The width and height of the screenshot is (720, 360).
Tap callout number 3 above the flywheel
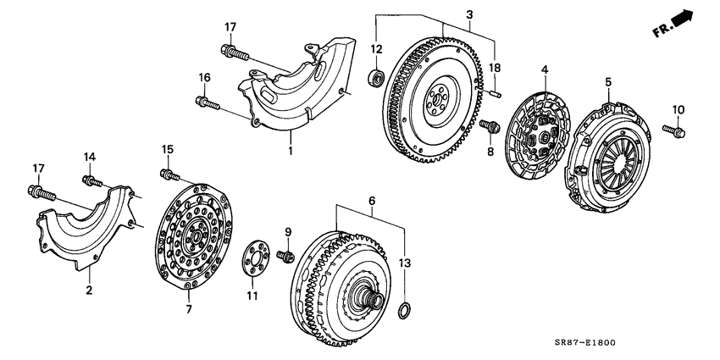(x=468, y=14)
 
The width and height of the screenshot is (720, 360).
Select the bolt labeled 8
(x=489, y=126)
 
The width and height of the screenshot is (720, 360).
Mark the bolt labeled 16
(x=206, y=105)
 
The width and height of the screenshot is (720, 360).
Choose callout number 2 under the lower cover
(x=87, y=291)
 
